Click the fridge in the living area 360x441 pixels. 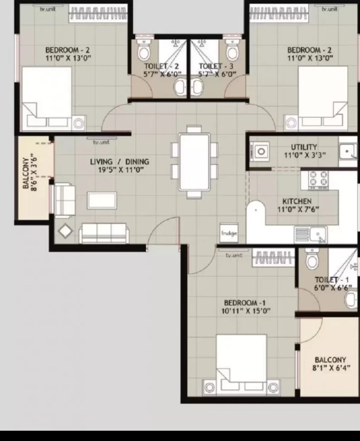click(x=229, y=233)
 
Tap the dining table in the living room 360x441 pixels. click(x=194, y=162)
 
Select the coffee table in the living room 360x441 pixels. click(x=102, y=200)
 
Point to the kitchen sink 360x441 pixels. click(x=311, y=234)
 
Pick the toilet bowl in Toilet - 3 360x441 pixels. click(x=232, y=49)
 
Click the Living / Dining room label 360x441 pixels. click(x=119, y=162)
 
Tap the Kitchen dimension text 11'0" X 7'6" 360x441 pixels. click(x=298, y=209)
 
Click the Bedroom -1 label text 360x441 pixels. click(x=245, y=303)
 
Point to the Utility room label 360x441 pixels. click(x=304, y=147)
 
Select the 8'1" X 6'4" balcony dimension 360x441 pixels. click(x=331, y=367)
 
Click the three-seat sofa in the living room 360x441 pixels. click(x=104, y=233)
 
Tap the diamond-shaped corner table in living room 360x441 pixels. click(x=65, y=231)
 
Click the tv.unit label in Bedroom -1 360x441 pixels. click(x=234, y=256)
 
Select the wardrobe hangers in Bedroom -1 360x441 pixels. click(x=273, y=257)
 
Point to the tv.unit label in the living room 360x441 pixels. click(x=101, y=142)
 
